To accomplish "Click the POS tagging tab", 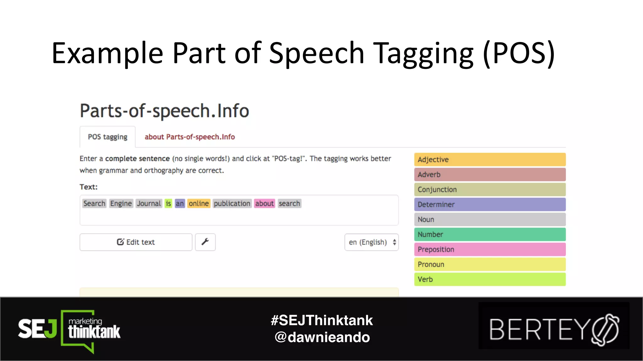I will click(x=107, y=137).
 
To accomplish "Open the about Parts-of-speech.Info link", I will click(x=190, y=137).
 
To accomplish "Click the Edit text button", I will click(x=136, y=242).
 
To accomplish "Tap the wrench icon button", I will click(x=205, y=242).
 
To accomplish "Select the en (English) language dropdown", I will click(x=371, y=242).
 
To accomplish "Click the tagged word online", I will click(x=199, y=204).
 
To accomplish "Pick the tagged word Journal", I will click(x=149, y=204).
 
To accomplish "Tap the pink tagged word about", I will click(x=264, y=204).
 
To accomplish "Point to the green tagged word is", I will click(x=168, y=204).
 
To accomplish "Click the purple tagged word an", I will click(x=180, y=204).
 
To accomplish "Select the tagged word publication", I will click(x=232, y=204).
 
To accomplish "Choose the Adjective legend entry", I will click(x=490, y=160).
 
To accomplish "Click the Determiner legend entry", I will click(x=490, y=205).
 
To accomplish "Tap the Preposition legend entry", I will click(x=490, y=249).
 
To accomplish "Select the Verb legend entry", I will click(x=490, y=279).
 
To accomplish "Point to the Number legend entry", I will click(x=490, y=234).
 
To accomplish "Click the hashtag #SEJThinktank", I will click(x=322, y=320).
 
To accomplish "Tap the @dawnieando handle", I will click(x=322, y=337).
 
